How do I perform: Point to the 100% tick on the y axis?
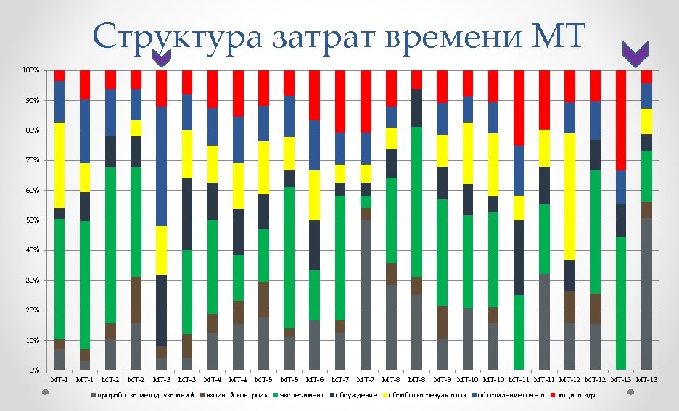(x=30, y=70)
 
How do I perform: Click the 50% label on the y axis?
(x=31, y=220)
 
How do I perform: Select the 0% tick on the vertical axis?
(x=33, y=370)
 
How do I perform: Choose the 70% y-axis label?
(x=31, y=160)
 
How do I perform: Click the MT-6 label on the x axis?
(x=315, y=380)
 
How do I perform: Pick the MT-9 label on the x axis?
(x=443, y=380)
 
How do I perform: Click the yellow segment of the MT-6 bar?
(x=315, y=195)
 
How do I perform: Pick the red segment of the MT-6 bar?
(x=315, y=95)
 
